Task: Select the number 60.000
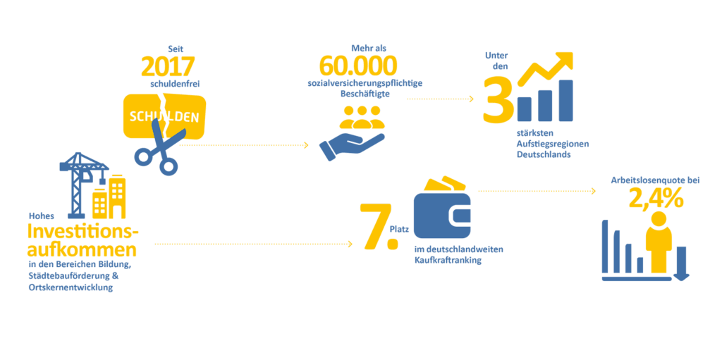(x=357, y=66)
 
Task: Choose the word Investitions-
(x=83, y=232)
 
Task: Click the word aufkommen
(x=81, y=249)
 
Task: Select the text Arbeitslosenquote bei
(x=655, y=181)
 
